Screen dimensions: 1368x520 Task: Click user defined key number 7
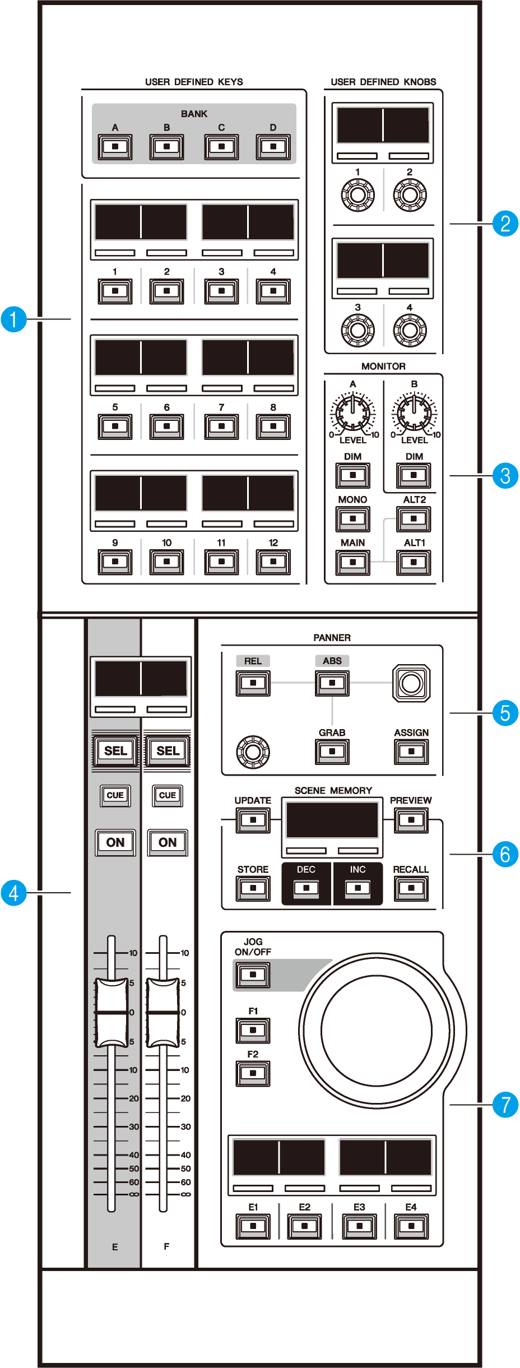[221, 426]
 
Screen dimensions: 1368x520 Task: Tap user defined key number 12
[273, 562]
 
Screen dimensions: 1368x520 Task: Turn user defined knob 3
[357, 330]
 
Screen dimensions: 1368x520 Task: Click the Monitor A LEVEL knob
[352, 412]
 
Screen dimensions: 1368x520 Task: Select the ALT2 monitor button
[414, 519]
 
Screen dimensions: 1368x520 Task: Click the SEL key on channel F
[168, 750]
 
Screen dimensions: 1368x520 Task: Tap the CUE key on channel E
[115, 795]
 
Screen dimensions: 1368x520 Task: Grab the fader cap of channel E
[112, 1012]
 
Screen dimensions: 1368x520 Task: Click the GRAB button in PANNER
[332, 752]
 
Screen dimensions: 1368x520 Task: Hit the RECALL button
[411, 888]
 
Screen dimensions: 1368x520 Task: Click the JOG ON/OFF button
[253, 975]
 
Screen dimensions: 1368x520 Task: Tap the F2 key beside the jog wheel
[253, 1073]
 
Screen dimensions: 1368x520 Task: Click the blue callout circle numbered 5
[505, 713]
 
